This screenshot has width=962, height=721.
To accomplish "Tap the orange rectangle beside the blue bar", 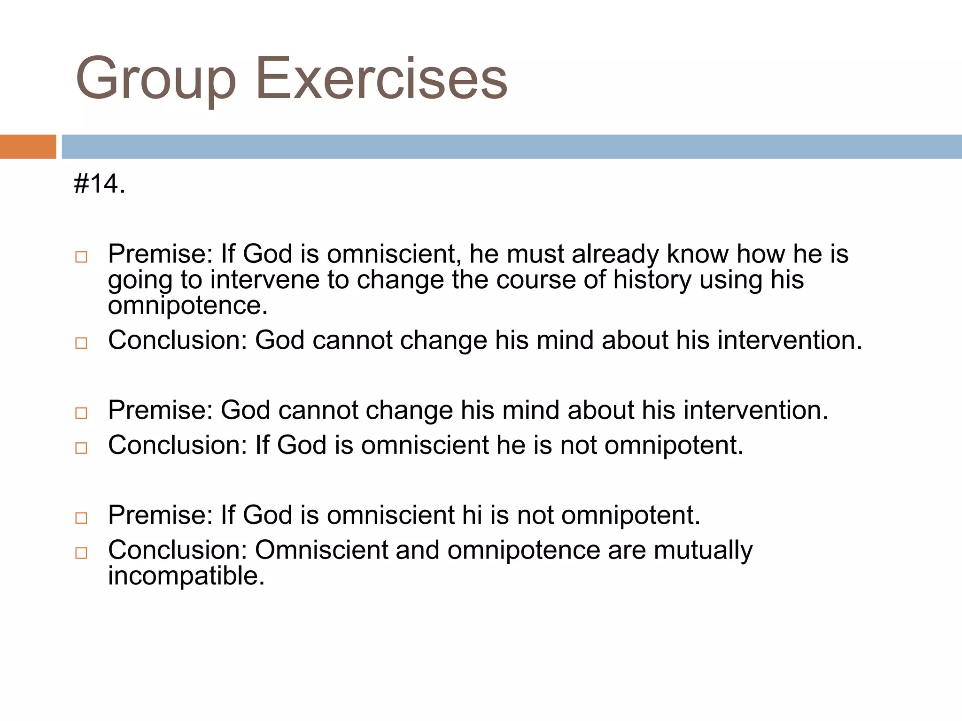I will click(x=28, y=146).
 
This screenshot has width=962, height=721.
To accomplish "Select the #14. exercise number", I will click(x=100, y=184).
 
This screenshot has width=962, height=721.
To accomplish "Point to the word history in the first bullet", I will click(x=652, y=280).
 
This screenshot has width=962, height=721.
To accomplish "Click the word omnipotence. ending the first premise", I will click(x=188, y=306).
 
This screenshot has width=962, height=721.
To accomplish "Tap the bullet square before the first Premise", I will click(x=81, y=257).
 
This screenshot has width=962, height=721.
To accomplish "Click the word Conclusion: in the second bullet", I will click(x=178, y=340).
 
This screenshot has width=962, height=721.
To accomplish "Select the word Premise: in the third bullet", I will click(x=161, y=410).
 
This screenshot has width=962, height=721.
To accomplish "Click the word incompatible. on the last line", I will click(x=186, y=576).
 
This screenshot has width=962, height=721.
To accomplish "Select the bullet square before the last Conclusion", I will click(x=81, y=553).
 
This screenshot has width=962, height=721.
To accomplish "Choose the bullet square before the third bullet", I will click(x=81, y=413).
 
